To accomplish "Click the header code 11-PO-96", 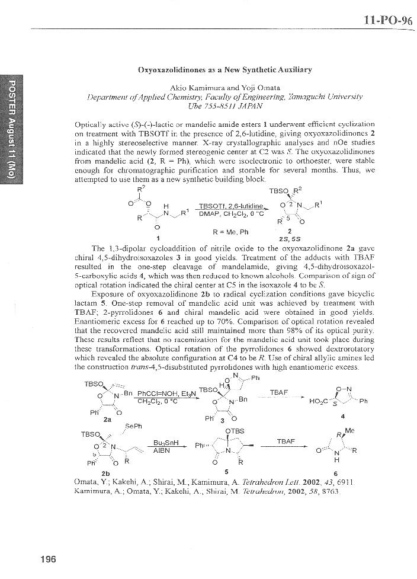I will (387, 20).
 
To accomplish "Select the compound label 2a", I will (108, 418).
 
